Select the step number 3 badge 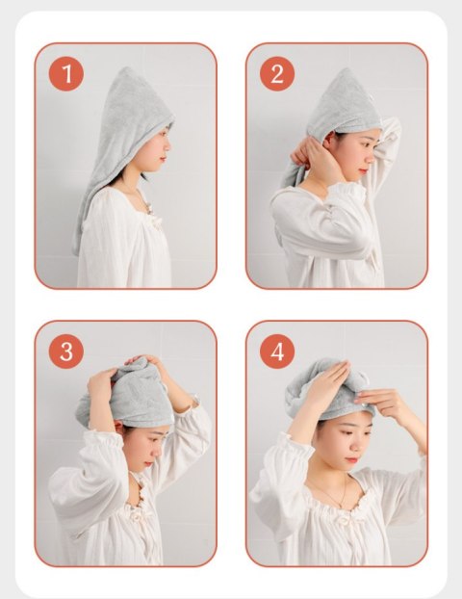[65, 352]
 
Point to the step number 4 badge [276, 352]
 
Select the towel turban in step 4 [322, 385]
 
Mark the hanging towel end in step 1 [87, 212]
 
